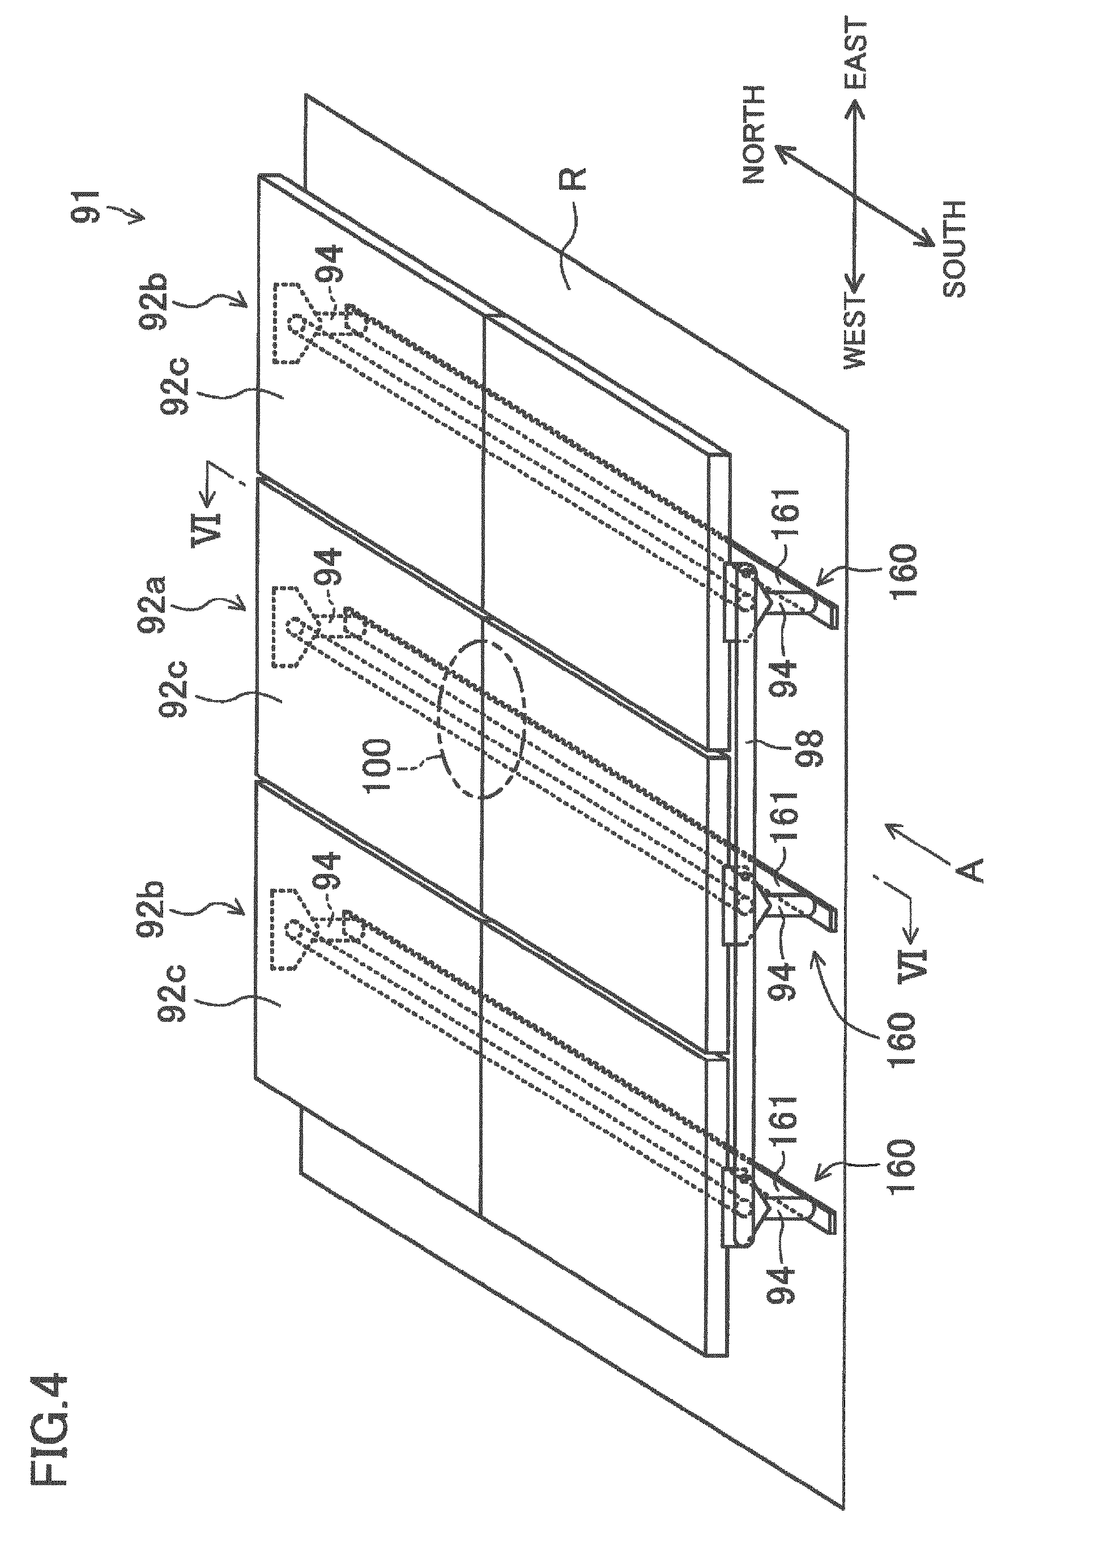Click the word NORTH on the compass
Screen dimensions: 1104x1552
click(x=754, y=134)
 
